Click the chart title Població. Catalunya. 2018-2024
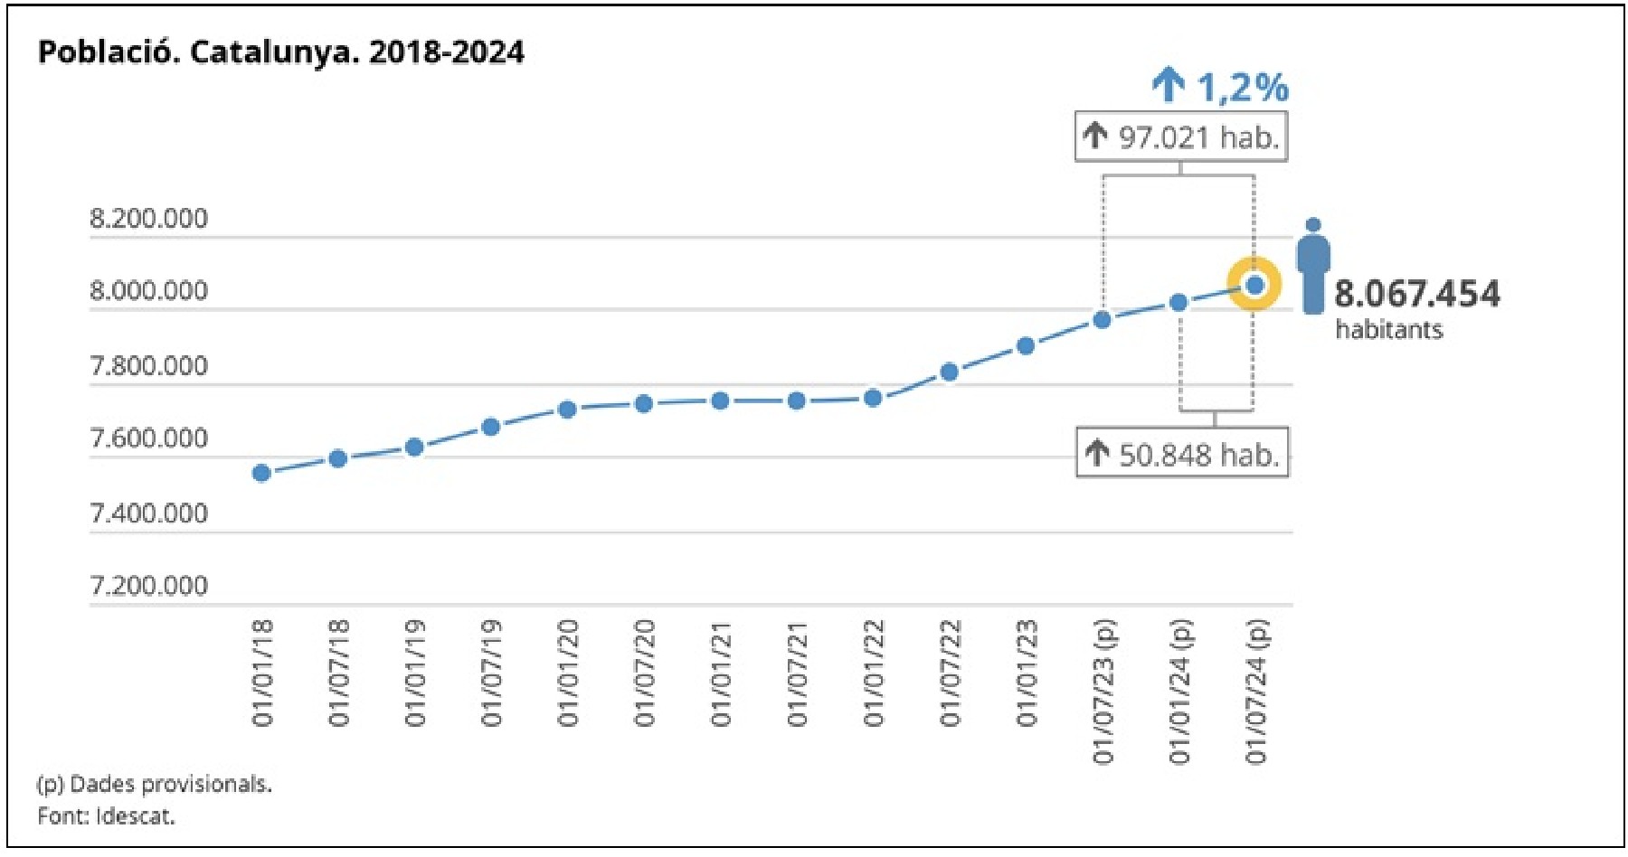(x=280, y=52)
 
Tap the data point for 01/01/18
(x=261, y=473)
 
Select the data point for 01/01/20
(x=567, y=410)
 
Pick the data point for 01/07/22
(x=949, y=372)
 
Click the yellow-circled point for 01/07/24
(x=1254, y=285)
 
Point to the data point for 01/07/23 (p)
(x=1102, y=319)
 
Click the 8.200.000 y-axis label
(x=148, y=219)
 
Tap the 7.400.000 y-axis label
(x=148, y=513)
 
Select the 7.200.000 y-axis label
(x=148, y=586)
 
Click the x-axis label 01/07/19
(x=491, y=673)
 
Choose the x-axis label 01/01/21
(x=720, y=673)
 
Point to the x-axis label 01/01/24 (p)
(x=1179, y=691)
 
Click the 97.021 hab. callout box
(x=1180, y=137)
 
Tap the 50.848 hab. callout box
(x=1182, y=454)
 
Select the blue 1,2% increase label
(x=1221, y=87)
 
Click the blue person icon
(x=1313, y=266)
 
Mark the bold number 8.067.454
(x=1416, y=294)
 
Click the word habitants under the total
(x=1388, y=329)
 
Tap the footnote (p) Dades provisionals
(x=154, y=784)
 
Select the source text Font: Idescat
(x=106, y=815)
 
